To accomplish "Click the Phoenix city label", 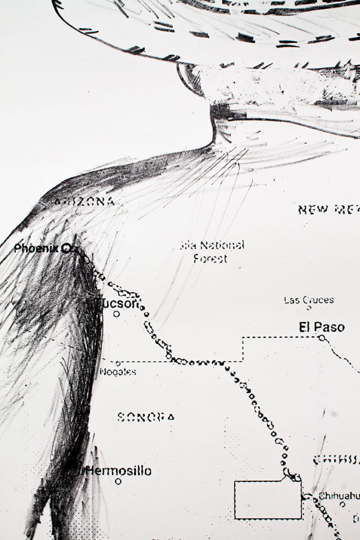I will [x=36, y=248].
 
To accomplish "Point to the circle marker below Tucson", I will [x=116, y=314].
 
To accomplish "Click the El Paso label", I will [x=322, y=327].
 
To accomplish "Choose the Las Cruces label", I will [x=308, y=300].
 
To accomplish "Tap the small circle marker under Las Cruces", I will [x=309, y=308].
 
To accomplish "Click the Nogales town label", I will [x=118, y=372].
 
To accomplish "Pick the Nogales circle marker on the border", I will [x=118, y=363].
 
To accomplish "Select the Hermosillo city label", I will [x=118, y=470].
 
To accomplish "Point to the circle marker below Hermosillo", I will [x=118, y=481].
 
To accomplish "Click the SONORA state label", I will [x=146, y=417].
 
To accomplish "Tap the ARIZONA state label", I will [x=84, y=201].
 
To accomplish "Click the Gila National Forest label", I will [x=211, y=252].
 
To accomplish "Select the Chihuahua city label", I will [x=338, y=496].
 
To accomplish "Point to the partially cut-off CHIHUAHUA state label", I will [x=336, y=460].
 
